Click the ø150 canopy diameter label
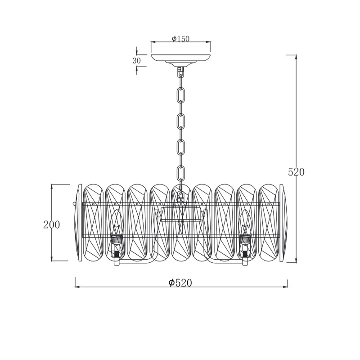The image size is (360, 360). (x=181, y=39)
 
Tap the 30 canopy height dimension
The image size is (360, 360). (x=137, y=61)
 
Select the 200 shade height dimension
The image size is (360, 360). (x=52, y=225)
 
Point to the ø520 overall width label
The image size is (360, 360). (x=180, y=283)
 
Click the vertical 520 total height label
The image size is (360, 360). (x=296, y=172)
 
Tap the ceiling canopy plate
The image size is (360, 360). (x=181, y=59)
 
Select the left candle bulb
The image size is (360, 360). (x=117, y=225)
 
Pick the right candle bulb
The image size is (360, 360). (x=245, y=225)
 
